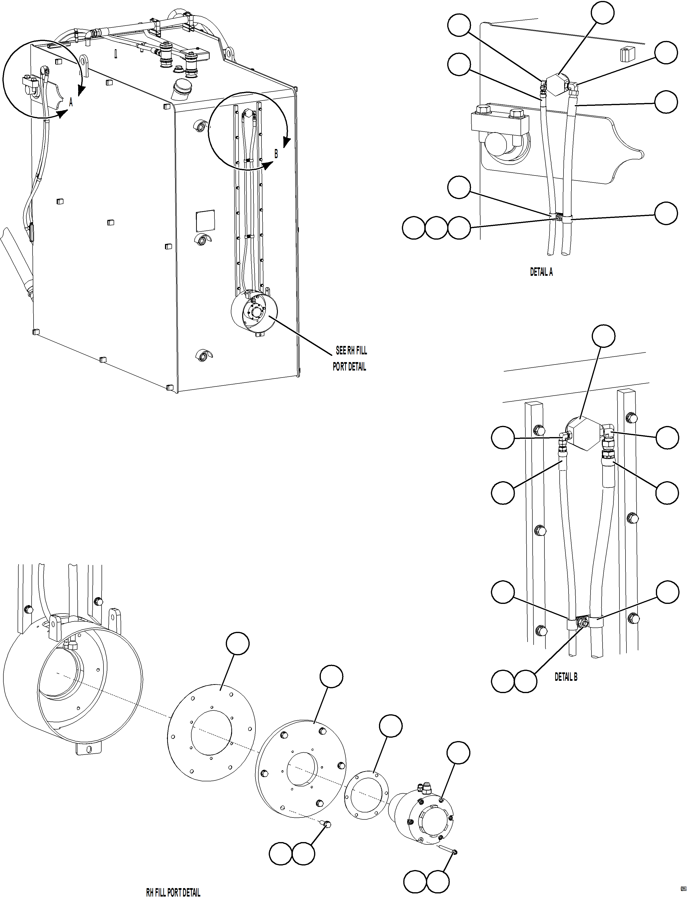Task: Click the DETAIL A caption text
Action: coord(541,272)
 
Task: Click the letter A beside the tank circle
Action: coord(71,102)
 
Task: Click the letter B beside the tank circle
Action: coord(276,154)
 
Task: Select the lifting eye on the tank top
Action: coord(84,62)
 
